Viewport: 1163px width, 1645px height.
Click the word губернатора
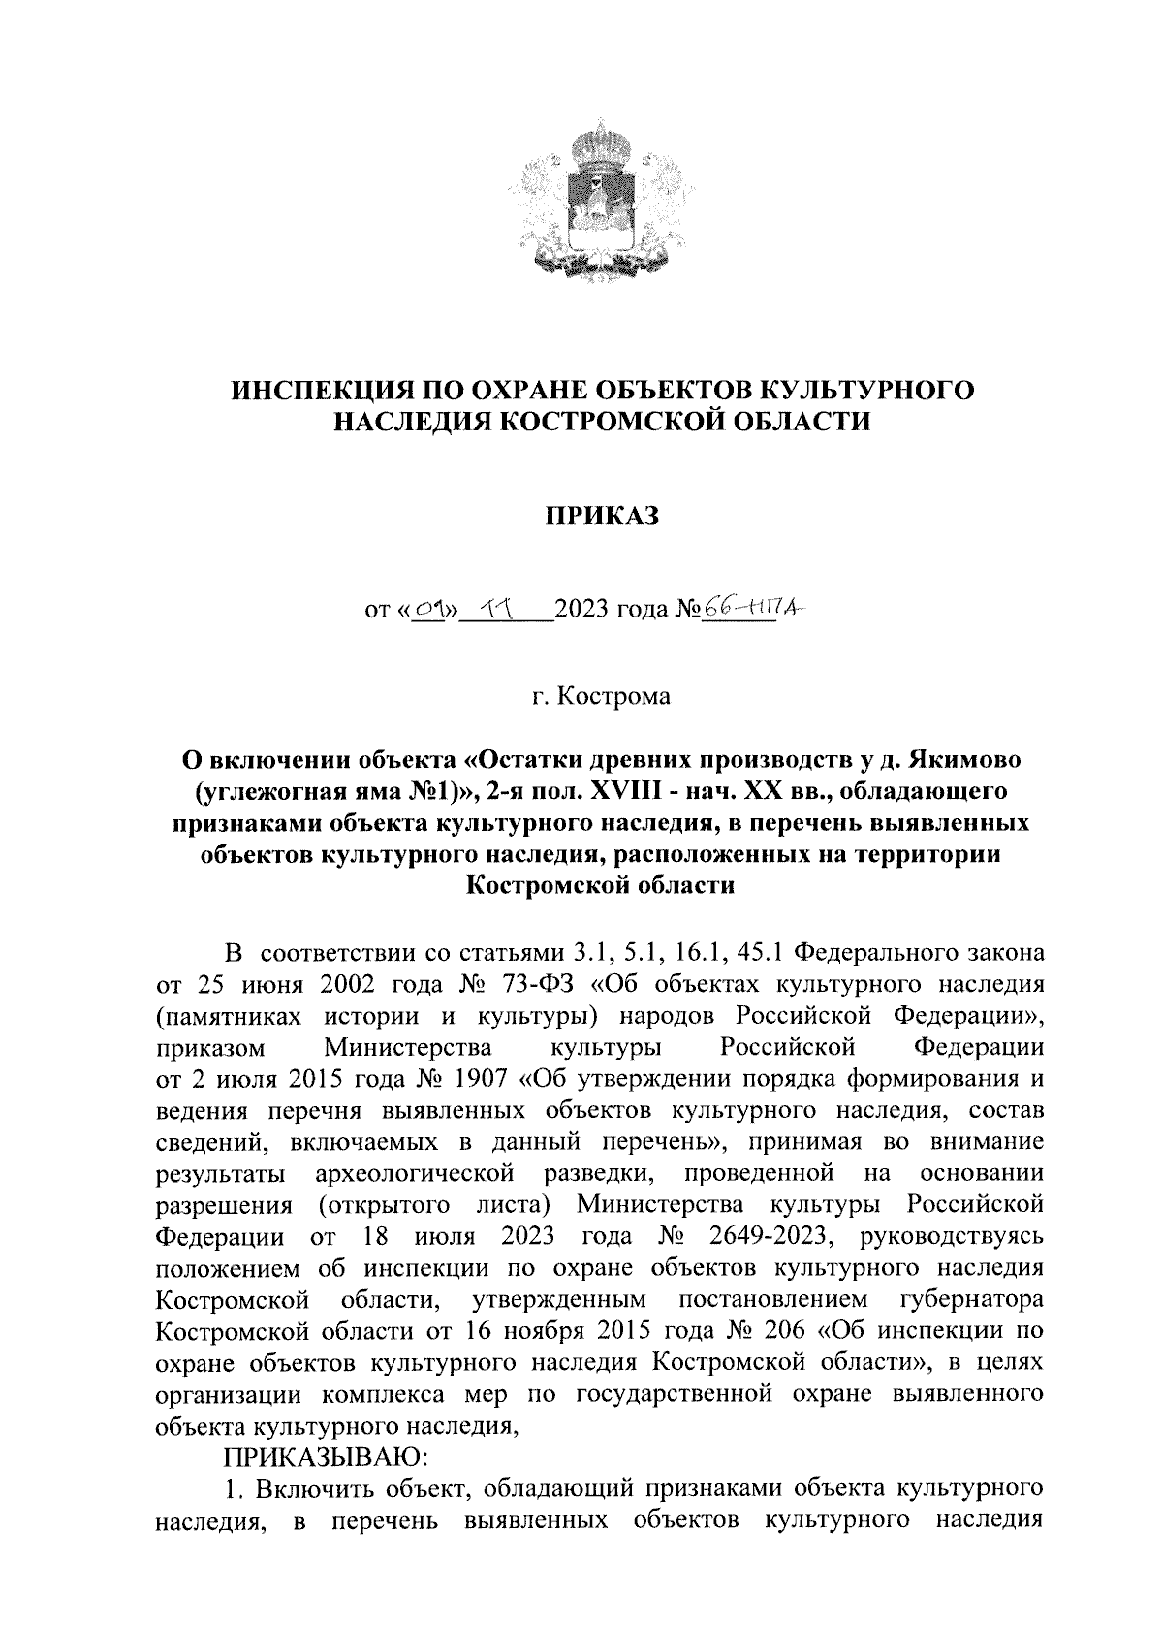click(971, 1299)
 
